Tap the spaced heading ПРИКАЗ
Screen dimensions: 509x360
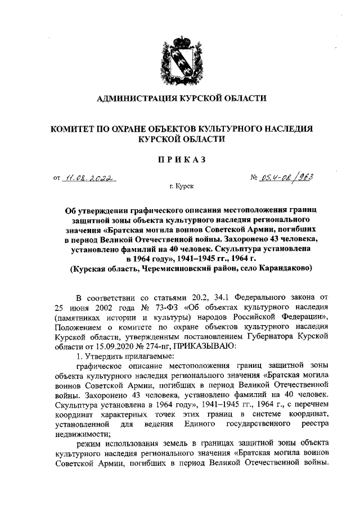point(180,159)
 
